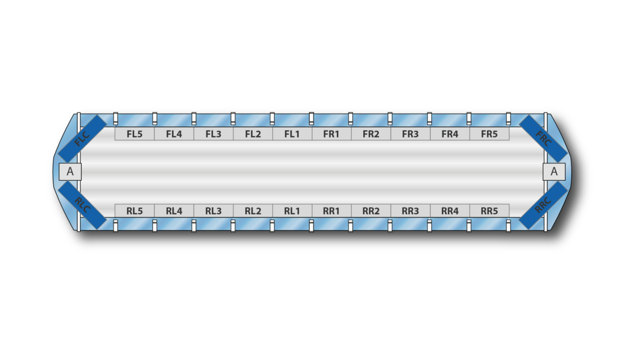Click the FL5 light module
134,134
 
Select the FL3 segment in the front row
213,134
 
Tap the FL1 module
292,134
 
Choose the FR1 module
332,134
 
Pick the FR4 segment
450,134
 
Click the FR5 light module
490,134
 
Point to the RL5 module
134,211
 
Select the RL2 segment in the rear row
253,211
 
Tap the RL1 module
292,211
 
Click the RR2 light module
371,211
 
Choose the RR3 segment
411,211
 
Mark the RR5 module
490,211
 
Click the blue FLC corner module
82,139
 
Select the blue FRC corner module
543,139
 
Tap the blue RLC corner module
82,205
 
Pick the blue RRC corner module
543,205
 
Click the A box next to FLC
70,172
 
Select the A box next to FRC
554,172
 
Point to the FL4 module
174,134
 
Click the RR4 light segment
450,211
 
